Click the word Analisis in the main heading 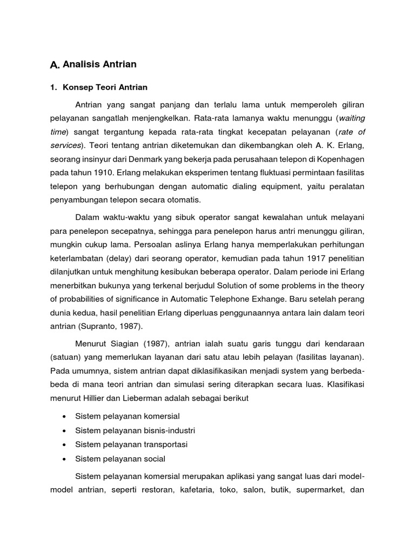(82, 65)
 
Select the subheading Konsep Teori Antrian (105, 87)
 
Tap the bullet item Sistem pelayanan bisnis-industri (135, 430)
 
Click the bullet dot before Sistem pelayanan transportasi (64, 444)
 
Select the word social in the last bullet (154, 458)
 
